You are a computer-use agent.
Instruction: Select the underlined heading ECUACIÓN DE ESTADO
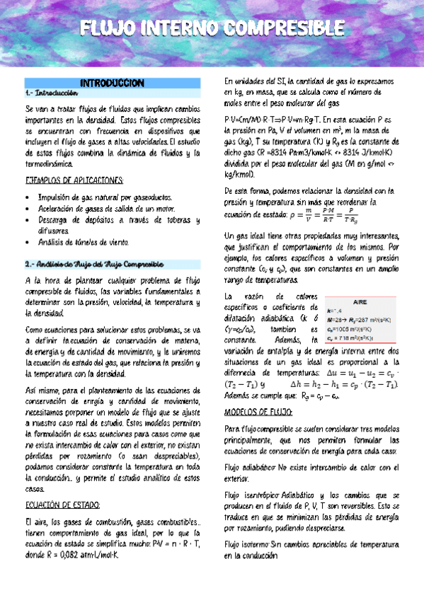pyautogui.click(x=62, y=504)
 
